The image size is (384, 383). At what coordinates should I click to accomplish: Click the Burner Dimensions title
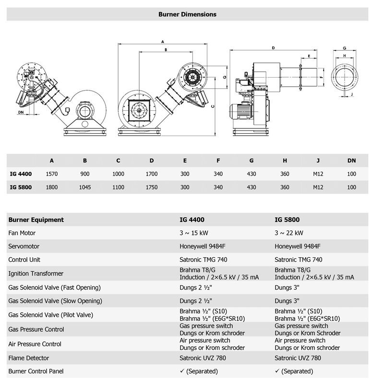pyautogui.click(x=187, y=14)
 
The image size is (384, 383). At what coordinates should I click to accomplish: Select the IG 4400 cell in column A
pyautogui.click(x=51, y=174)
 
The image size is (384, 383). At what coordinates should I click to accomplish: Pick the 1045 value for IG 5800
pyautogui.click(x=85, y=187)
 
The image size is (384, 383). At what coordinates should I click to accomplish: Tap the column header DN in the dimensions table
pyautogui.click(x=351, y=161)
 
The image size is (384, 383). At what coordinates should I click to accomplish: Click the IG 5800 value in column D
pyautogui.click(x=151, y=187)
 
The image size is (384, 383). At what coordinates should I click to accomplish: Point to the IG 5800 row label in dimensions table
pyautogui.click(x=21, y=187)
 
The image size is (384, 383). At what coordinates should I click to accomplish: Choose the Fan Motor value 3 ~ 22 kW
pyautogui.click(x=289, y=233)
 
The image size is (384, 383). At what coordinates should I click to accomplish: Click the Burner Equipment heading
pyautogui.click(x=36, y=220)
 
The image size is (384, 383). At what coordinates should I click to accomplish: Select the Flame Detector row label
pyautogui.click(x=29, y=358)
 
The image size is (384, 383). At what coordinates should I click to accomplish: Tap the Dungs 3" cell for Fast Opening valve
pyautogui.click(x=287, y=288)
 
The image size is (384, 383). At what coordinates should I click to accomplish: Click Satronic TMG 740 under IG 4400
pyautogui.click(x=204, y=260)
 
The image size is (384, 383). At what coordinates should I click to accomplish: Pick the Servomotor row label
pyautogui.click(x=24, y=246)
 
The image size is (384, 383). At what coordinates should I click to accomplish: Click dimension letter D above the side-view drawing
pyautogui.click(x=273, y=48)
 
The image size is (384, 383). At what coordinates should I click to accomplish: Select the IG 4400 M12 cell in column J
pyautogui.click(x=318, y=174)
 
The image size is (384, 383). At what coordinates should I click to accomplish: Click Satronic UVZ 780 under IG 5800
pyautogui.click(x=298, y=358)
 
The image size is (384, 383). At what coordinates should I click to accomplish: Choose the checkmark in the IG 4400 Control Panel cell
pyautogui.click(x=182, y=371)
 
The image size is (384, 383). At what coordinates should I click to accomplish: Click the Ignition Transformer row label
pyautogui.click(x=36, y=274)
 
